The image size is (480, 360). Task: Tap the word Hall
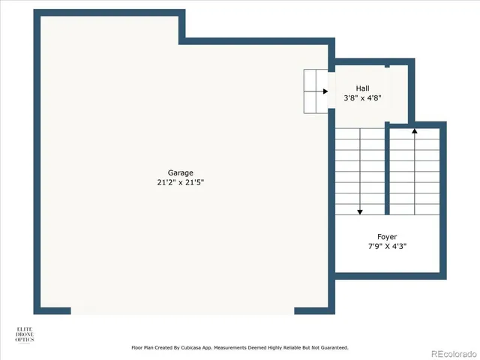tap(362, 88)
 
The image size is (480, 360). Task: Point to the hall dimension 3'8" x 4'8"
tap(362, 97)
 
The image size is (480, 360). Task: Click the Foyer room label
tap(387, 236)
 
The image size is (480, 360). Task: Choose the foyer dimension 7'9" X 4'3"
tap(387, 246)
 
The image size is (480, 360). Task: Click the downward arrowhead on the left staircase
tap(361, 211)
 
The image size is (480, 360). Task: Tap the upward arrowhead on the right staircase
tap(414, 132)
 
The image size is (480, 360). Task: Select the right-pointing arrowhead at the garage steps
tap(325, 91)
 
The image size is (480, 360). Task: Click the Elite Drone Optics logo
tap(25, 334)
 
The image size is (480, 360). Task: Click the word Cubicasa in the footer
tap(202, 348)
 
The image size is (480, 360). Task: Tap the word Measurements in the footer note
tap(238, 348)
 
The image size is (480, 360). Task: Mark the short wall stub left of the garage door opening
tap(52, 310)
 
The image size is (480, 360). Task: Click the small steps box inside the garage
tap(315, 91)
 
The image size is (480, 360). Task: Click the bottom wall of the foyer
tap(390, 276)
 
